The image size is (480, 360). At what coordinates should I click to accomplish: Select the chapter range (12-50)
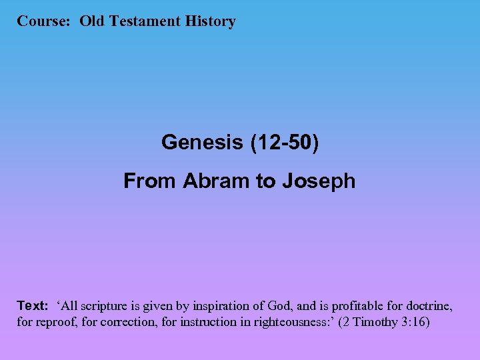pos(283,142)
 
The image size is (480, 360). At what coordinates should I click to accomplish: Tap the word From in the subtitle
pos(150,181)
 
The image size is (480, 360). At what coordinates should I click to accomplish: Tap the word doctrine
pos(431,306)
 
